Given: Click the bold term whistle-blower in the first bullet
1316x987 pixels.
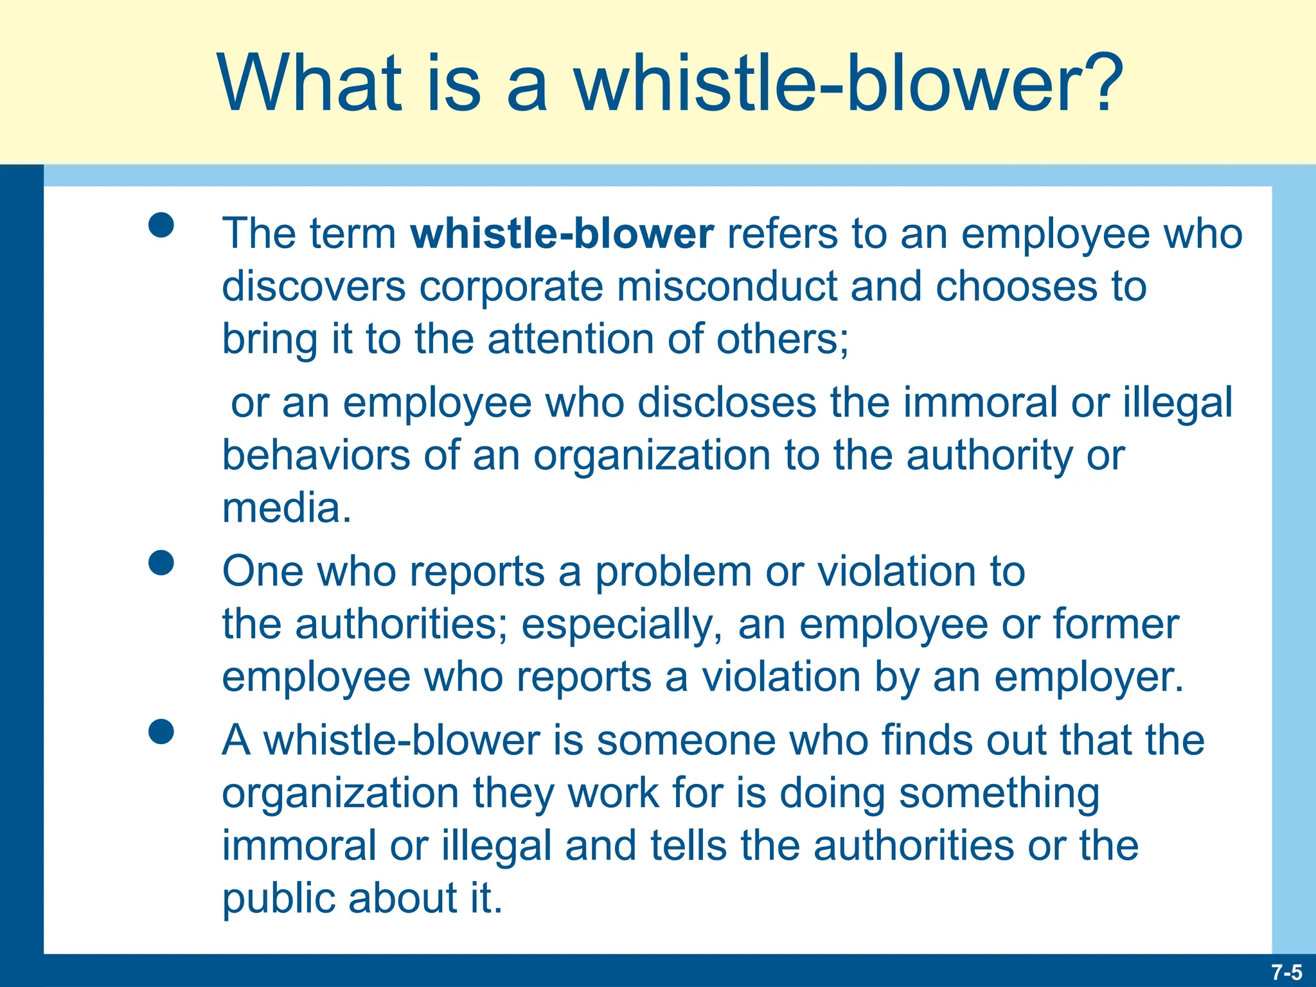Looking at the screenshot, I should point(562,233).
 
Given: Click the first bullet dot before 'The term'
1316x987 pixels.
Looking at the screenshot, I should point(161,226).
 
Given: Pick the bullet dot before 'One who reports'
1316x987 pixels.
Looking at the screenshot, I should point(161,563).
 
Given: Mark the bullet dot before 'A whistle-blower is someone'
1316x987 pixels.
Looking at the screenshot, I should point(161,732).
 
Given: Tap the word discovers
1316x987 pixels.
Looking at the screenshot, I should point(314,286).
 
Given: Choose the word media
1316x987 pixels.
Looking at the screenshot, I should point(286,508).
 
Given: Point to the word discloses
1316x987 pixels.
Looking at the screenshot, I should point(727,403).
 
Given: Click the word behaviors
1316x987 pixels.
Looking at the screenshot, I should point(316,456).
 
